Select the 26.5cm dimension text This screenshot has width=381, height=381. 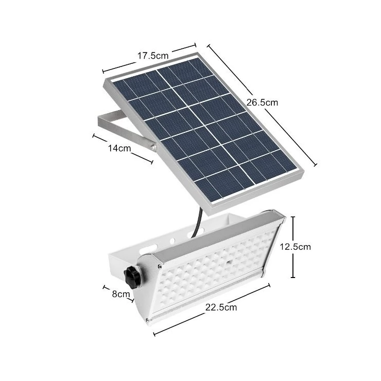(x=262, y=102)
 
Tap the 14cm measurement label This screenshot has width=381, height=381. (x=119, y=148)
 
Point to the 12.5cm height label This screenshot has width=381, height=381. (x=295, y=247)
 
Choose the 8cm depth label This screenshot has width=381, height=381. (x=121, y=294)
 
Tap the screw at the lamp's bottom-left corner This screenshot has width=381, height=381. (x=148, y=320)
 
